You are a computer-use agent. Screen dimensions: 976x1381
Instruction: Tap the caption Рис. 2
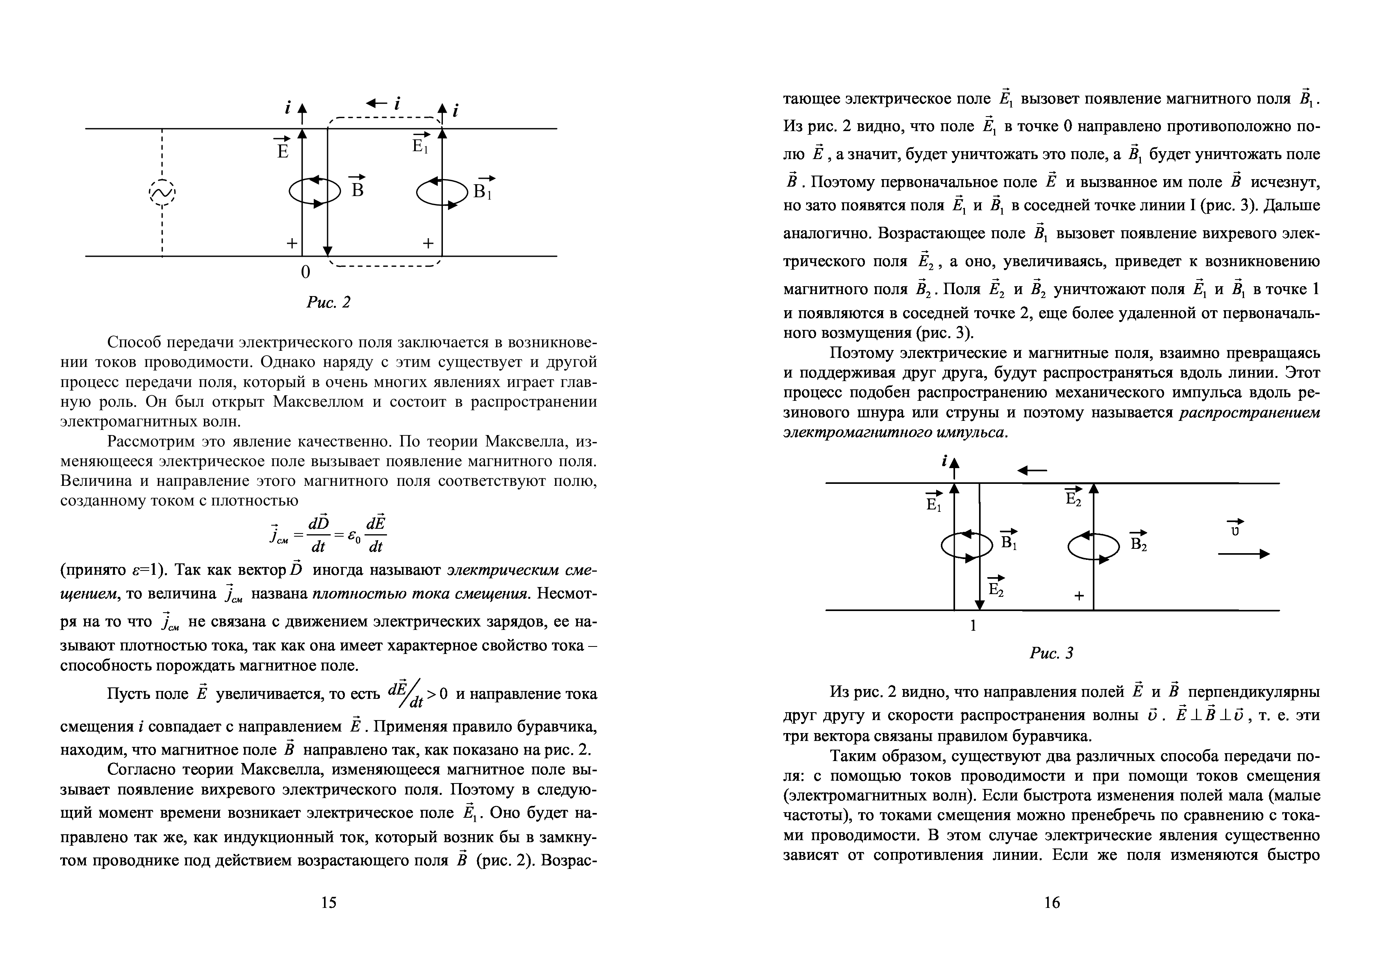point(328,302)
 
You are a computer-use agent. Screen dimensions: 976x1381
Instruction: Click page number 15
point(328,902)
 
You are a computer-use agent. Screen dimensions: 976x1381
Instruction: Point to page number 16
point(1052,902)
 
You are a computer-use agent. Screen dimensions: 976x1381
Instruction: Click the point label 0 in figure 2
point(305,272)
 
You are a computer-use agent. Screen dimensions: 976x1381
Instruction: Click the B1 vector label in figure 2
point(483,188)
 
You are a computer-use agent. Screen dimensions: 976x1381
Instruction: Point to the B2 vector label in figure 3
point(1138,542)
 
